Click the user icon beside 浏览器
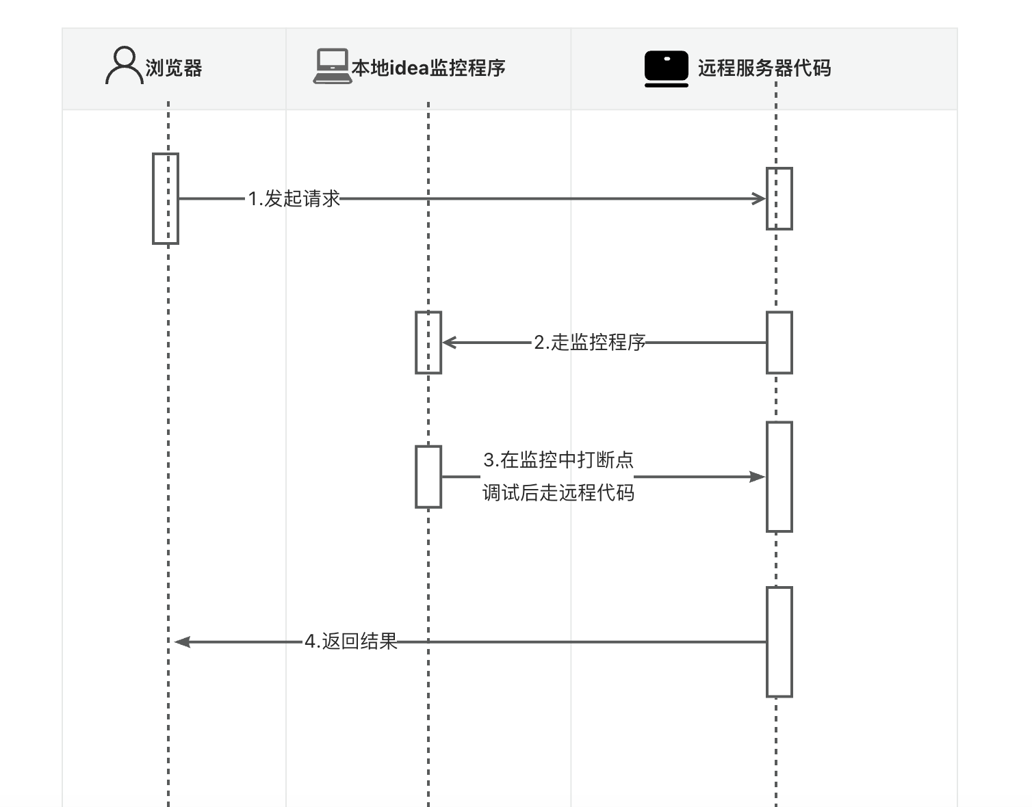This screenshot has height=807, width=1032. [x=124, y=66]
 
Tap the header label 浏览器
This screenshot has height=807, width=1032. [x=174, y=68]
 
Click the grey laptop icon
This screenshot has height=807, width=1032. [x=332, y=66]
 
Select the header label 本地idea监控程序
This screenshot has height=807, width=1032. [x=428, y=68]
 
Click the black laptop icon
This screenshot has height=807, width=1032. [x=666, y=68]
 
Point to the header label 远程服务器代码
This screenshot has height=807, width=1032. [x=764, y=68]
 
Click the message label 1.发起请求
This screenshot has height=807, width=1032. [x=294, y=199]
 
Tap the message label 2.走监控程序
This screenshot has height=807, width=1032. [x=589, y=343]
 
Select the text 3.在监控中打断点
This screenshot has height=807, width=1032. [x=558, y=460]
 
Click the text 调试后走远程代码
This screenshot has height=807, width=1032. [x=558, y=492]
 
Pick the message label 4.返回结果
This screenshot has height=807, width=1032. [x=351, y=641]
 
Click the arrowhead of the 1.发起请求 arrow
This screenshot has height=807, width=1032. [x=759, y=199]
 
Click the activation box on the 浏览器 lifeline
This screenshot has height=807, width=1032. [x=166, y=198]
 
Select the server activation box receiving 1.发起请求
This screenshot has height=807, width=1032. [x=779, y=198]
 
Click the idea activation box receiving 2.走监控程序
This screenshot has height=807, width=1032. [x=428, y=343]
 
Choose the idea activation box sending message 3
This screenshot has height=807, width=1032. [x=428, y=477]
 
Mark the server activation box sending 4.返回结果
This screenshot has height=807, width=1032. [x=779, y=641]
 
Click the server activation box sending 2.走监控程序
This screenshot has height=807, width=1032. [x=779, y=343]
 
